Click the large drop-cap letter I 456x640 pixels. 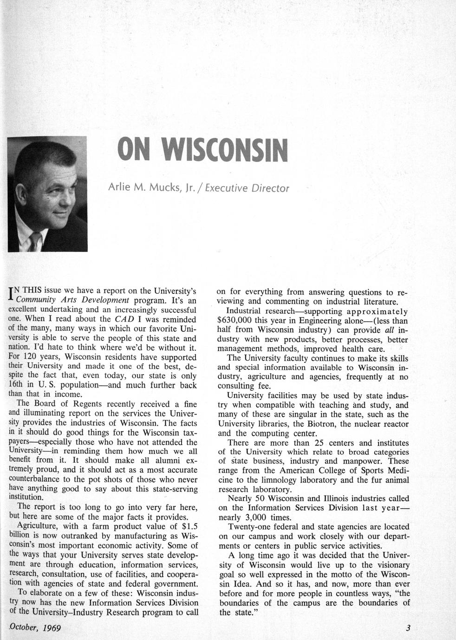click(x=11, y=295)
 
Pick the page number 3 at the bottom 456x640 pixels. click(x=408, y=629)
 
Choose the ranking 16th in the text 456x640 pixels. click(x=18, y=385)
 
